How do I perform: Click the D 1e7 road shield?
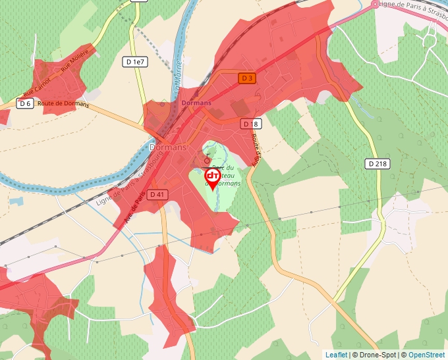134,61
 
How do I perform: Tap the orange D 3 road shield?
246,78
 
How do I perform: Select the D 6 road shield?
25,103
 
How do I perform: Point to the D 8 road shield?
250,124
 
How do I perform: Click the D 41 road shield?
157,194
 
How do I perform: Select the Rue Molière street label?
74,60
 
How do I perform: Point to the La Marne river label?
177,76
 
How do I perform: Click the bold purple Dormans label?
196,103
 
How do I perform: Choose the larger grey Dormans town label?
168,147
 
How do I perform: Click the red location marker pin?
213,178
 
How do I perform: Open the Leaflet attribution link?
336,355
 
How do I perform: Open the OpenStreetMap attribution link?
426,355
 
